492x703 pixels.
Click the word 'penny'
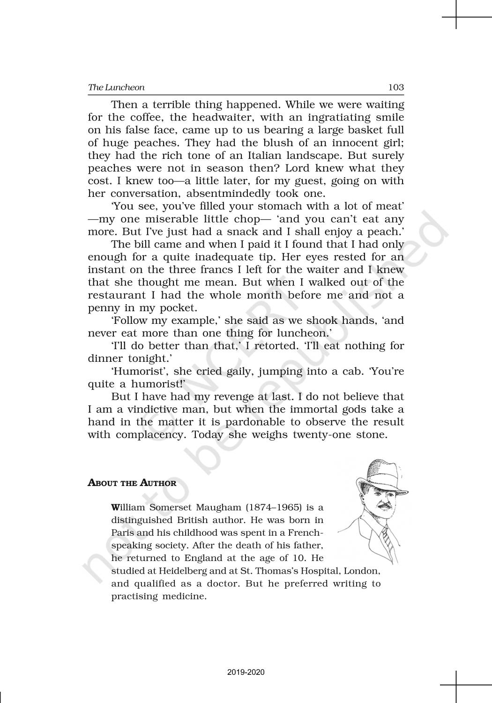[x=102, y=308]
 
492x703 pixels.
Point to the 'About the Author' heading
[x=132, y=483]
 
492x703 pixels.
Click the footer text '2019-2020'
[x=246, y=673]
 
